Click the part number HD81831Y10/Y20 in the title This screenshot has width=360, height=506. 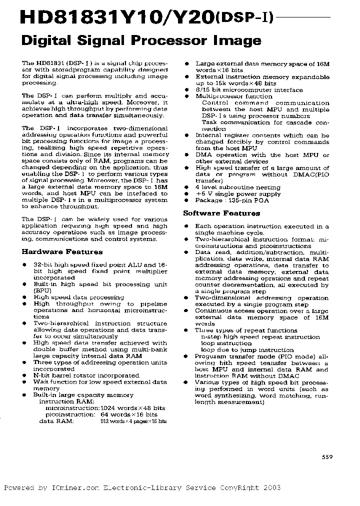click(110, 18)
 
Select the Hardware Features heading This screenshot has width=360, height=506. click(62, 252)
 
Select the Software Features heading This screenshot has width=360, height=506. click(221, 213)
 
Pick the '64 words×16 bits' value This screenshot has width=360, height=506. click(128, 414)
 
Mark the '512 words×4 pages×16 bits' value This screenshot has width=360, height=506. click(133, 421)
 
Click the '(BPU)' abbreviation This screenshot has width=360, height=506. click(42, 290)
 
